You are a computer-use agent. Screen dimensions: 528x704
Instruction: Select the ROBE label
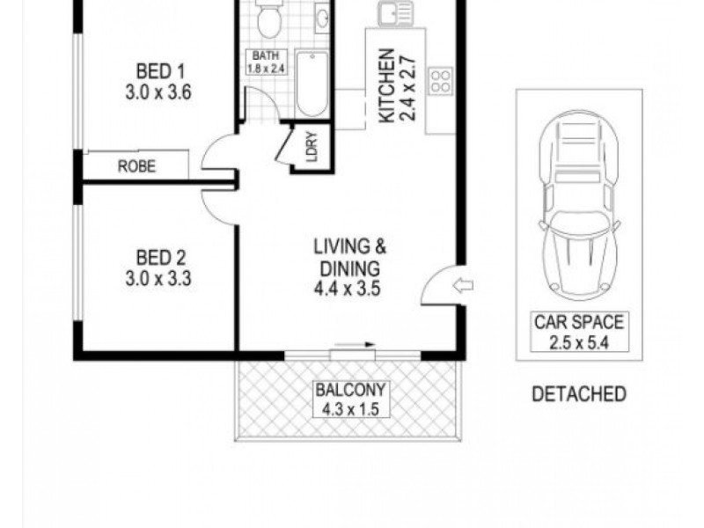pos(136,165)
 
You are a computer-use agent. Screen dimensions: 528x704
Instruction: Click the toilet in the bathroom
pos(269,18)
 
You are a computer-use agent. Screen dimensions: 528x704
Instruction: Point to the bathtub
pos(312,84)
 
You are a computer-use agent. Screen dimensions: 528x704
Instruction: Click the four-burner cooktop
pos(441,82)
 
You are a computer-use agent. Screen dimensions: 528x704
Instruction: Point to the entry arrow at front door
pos(463,284)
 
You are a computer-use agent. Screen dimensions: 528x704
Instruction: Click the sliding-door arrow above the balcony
pos(356,346)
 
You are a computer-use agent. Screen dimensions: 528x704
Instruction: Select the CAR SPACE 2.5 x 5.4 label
pos(579,330)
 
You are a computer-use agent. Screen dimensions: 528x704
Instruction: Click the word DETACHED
pos(579,393)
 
